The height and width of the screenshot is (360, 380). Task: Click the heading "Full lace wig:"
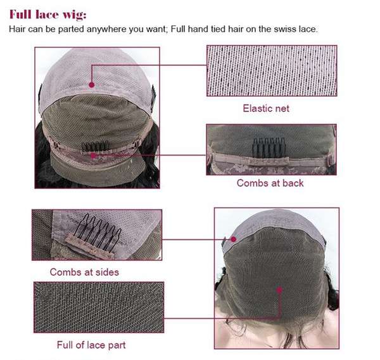tap(47, 15)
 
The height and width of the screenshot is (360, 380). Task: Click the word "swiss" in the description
tap(285, 29)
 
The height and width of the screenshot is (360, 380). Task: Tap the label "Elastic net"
tap(266, 108)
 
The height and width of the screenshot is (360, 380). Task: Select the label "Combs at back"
tap(270, 183)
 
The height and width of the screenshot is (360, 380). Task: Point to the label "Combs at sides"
tap(84, 272)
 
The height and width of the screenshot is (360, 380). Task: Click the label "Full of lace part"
tap(91, 345)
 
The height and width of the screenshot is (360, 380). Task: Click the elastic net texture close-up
tap(272, 71)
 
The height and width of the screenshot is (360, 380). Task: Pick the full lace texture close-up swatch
tap(99, 307)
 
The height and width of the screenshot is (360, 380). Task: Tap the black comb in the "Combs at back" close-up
tap(269, 147)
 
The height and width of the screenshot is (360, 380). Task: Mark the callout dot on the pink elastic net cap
tap(92, 85)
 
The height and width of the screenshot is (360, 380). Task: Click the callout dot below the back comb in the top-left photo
tap(93, 155)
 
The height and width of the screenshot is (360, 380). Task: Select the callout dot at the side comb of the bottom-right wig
tap(233, 239)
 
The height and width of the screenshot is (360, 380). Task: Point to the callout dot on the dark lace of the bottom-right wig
tap(279, 290)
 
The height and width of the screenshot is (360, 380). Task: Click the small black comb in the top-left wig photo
tap(95, 146)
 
